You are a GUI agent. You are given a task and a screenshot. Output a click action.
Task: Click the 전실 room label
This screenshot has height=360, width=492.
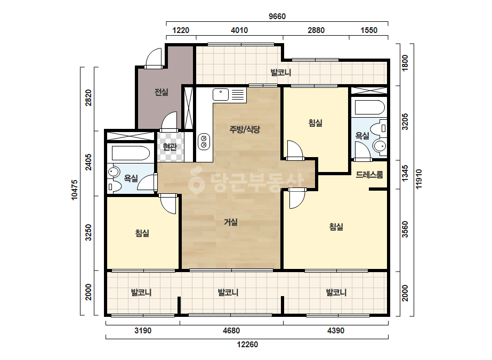click(x=162, y=92)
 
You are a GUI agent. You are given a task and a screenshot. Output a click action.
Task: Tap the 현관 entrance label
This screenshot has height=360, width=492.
click(x=170, y=146)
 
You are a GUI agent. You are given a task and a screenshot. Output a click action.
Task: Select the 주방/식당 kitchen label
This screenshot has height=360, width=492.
click(x=245, y=129)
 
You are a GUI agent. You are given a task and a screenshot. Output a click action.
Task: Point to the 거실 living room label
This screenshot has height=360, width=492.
click(x=231, y=222)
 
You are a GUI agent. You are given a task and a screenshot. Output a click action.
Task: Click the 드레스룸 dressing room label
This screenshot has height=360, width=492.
click(x=369, y=175)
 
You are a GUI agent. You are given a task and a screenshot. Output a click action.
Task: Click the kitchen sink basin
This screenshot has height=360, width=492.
click(x=221, y=94)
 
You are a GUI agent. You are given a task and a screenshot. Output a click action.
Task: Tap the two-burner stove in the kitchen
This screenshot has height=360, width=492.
click(x=204, y=142)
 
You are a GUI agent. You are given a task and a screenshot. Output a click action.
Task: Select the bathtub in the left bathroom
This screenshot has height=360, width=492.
click(x=131, y=153)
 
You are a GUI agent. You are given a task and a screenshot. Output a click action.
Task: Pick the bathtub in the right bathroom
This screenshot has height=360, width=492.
click(x=369, y=107)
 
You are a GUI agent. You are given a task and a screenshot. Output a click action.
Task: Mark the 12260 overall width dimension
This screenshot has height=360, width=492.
click(x=247, y=345)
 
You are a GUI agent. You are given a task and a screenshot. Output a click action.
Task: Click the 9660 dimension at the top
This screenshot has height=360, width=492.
click(x=277, y=17)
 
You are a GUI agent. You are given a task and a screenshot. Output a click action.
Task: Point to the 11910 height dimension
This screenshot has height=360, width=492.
click(x=419, y=179)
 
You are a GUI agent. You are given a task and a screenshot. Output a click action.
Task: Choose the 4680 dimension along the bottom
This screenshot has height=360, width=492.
click(x=231, y=331)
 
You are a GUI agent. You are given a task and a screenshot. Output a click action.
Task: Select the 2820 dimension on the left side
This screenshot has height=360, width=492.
click(x=88, y=97)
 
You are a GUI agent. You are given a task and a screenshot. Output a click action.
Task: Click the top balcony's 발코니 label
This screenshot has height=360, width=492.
click(x=281, y=72)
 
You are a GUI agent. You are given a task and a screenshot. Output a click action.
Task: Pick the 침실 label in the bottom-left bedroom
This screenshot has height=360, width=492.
click(x=142, y=233)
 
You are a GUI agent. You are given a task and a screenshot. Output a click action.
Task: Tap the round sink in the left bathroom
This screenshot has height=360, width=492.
click(x=114, y=172)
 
